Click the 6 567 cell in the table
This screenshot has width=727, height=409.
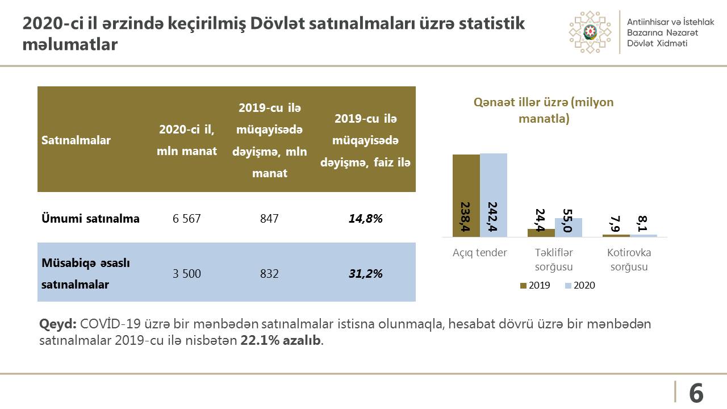tap(187, 219)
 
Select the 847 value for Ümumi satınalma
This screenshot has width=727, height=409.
tap(269, 219)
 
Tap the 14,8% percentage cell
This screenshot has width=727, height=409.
tap(365, 219)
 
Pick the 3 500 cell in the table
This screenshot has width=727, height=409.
tap(187, 274)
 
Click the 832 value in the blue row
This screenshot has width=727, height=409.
tap(269, 274)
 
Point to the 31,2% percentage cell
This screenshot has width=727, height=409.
tap(365, 274)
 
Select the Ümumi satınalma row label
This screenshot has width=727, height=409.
tap(90, 219)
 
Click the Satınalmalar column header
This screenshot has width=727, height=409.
tap(76, 140)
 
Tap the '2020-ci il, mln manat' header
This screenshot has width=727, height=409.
tap(187, 140)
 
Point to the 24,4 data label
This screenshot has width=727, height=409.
tap(540, 221)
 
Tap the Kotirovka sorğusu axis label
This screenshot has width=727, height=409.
tap(629, 260)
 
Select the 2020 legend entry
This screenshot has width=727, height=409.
tap(579, 286)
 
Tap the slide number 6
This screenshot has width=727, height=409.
tap(696, 393)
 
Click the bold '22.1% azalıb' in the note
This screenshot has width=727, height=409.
tap(281, 341)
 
